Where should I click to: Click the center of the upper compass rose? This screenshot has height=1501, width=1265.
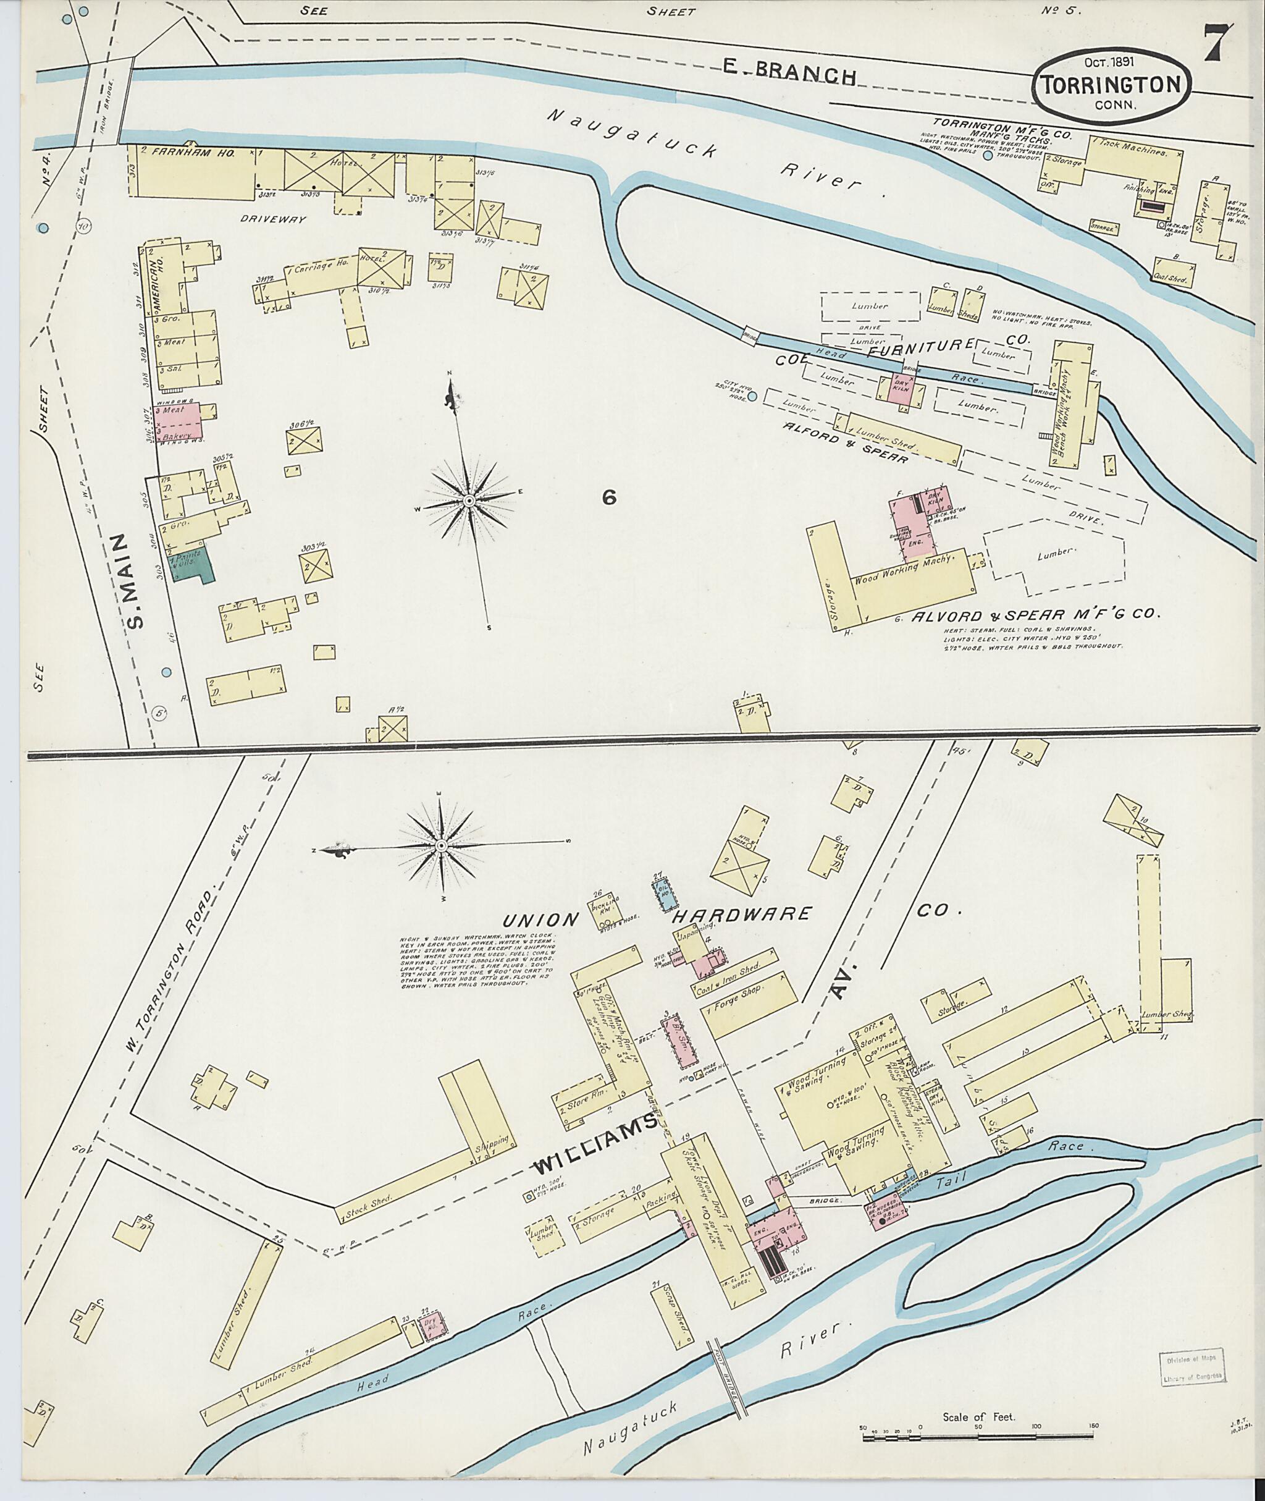[x=468, y=500]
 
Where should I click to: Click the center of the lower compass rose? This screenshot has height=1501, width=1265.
[x=442, y=847]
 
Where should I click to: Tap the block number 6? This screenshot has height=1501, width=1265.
[x=609, y=497]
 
